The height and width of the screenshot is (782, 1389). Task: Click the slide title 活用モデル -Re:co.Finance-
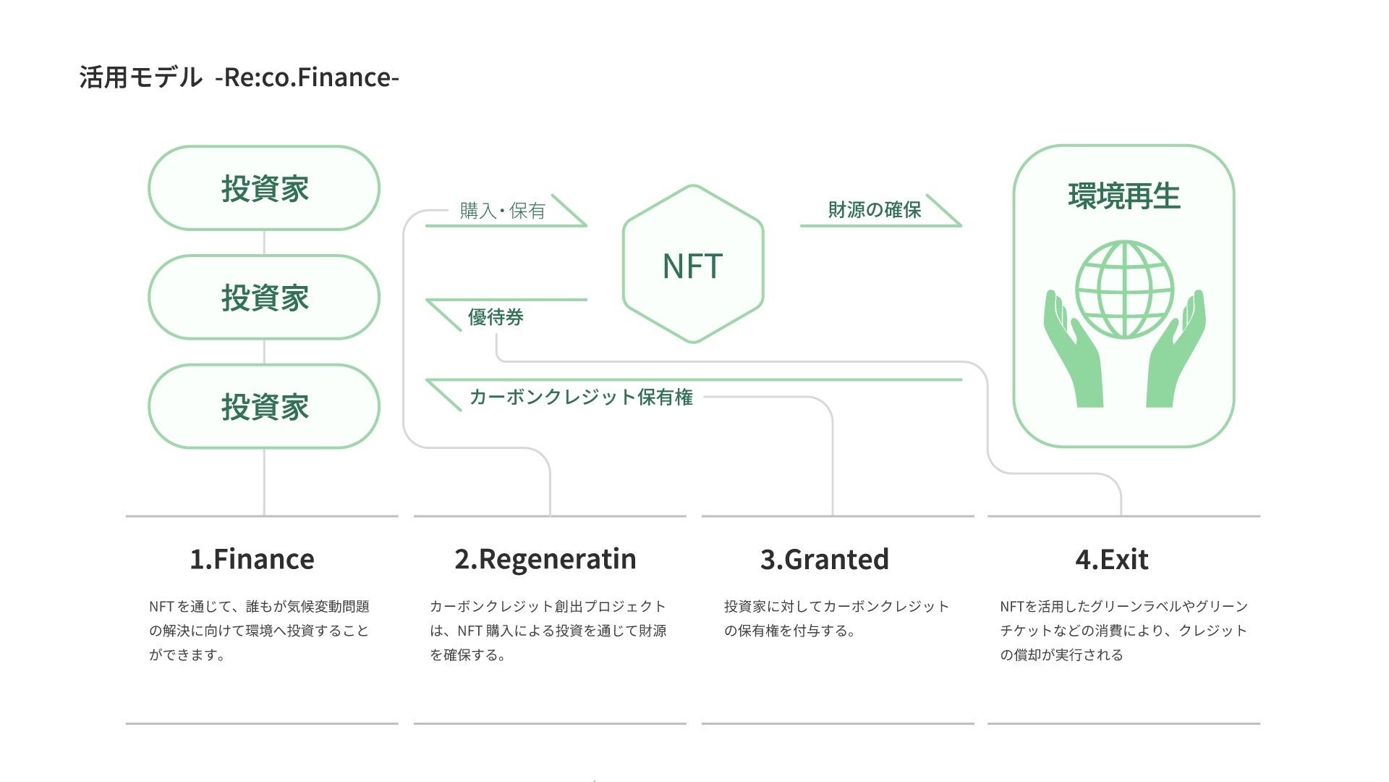coord(239,77)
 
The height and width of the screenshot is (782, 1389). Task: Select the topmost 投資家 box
coord(264,188)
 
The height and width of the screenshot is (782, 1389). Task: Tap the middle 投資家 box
coord(264,297)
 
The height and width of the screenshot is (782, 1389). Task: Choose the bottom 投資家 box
coord(264,406)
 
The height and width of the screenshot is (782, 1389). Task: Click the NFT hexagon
coord(692,265)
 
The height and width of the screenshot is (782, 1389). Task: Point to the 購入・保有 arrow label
coord(502,211)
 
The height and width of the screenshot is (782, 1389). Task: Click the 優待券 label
coord(496,317)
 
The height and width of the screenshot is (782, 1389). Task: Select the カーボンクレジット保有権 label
coord(581,397)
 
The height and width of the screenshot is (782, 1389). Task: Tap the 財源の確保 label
coord(874,210)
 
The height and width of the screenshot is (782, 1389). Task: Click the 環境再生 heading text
coord(1123,196)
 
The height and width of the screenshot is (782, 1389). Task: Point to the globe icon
coord(1124,290)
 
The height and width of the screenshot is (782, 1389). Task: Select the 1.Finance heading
coord(252,559)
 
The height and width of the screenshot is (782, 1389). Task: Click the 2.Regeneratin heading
coord(545,559)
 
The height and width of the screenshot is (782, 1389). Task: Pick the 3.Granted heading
coord(824,559)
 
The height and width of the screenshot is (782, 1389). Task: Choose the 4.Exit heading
coord(1111,559)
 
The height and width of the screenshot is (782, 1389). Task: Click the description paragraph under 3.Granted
coord(836,618)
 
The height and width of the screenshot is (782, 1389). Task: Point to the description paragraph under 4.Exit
coord(1123,630)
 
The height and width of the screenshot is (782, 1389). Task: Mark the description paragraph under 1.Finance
coord(259,630)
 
